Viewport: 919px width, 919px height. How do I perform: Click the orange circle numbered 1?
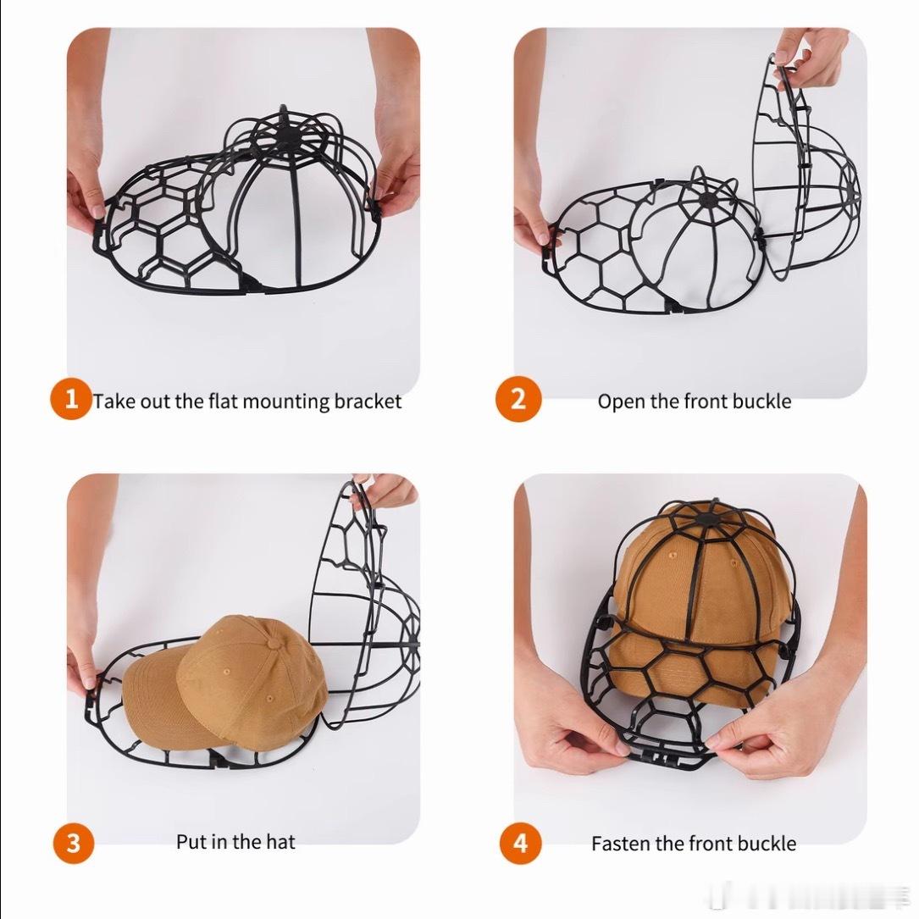coord(71,399)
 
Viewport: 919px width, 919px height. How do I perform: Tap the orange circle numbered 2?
coord(518,399)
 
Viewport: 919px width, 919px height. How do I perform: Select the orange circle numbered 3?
coord(73,843)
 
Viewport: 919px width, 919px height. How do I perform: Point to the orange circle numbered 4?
coord(520,843)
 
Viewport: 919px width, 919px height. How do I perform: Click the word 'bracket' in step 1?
coord(368,401)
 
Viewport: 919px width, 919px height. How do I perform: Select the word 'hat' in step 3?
coord(280,842)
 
